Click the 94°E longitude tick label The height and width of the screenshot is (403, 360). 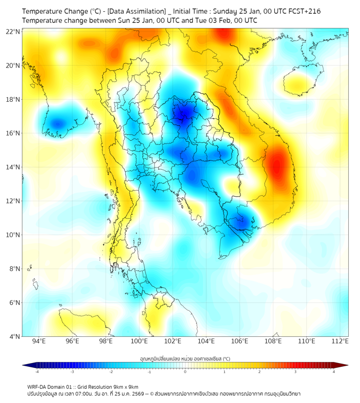pos(39,341)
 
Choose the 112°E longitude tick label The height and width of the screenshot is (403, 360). pos(340,341)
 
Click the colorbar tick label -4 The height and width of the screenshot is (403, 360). pos(36,372)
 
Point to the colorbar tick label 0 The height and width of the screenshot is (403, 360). pos(185,372)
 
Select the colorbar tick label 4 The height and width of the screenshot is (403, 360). pos(333,372)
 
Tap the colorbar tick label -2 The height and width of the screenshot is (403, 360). pos(111,372)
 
